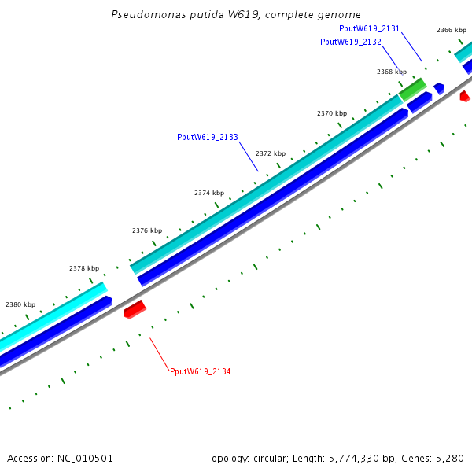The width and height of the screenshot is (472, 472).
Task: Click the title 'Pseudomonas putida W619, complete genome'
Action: tap(236, 14)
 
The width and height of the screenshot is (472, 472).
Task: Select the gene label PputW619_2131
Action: tap(369, 28)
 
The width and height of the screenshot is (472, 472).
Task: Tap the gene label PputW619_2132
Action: tap(351, 42)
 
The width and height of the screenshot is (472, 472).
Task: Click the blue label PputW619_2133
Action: tap(208, 137)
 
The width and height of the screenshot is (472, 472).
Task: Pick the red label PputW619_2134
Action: tap(201, 371)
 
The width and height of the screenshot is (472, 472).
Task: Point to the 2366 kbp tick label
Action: tap(452, 30)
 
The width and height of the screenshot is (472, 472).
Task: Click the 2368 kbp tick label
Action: tap(392, 72)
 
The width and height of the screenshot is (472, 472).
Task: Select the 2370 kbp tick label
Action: tap(332, 113)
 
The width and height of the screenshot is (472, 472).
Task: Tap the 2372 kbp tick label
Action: tap(271, 153)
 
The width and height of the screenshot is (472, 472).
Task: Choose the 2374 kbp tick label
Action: tap(209, 193)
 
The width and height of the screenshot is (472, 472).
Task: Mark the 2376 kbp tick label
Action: tap(147, 230)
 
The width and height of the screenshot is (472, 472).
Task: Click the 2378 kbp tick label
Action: tap(84, 268)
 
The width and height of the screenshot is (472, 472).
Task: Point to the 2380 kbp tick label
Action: tap(20, 304)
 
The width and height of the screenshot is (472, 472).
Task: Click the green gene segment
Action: tap(413, 89)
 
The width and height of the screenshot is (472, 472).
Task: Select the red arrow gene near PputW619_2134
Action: tap(135, 309)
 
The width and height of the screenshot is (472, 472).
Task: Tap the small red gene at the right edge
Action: tap(464, 97)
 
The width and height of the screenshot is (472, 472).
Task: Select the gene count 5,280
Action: tap(449, 458)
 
